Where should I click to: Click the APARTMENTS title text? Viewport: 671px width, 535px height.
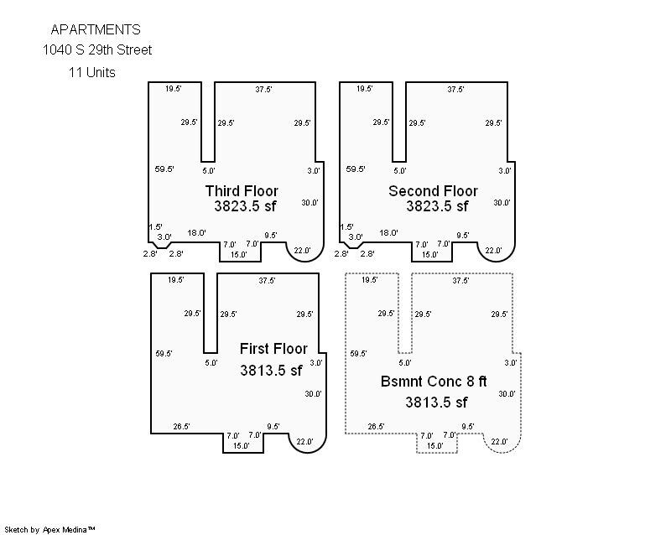tap(96, 29)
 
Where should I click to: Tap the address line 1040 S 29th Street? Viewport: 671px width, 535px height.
tap(97, 50)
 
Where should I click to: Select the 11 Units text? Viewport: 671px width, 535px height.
tap(92, 72)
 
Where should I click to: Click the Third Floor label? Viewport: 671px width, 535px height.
tap(242, 191)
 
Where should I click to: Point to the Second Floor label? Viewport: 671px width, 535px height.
tap(433, 191)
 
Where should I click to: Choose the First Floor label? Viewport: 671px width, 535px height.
tap(273, 349)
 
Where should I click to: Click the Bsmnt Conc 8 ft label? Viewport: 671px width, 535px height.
tap(434, 382)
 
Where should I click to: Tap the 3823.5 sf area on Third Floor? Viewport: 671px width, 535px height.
tap(245, 206)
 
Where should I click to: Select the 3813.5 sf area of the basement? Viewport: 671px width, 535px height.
tap(436, 403)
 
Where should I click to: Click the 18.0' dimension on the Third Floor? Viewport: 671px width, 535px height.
tap(197, 233)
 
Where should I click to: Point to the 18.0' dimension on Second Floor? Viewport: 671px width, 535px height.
tap(388, 233)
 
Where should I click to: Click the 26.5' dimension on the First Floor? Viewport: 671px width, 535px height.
tap(181, 427)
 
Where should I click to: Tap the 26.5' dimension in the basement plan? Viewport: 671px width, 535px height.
tap(376, 427)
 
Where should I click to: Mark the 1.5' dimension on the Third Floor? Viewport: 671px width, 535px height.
tap(155, 227)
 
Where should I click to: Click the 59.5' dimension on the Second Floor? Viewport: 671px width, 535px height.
tap(356, 169)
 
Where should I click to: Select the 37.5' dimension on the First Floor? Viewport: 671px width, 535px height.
tap(267, 281)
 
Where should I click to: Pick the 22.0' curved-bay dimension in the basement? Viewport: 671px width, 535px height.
tap(499, 442)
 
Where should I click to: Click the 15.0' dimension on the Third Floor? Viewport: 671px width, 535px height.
tap(239, 255)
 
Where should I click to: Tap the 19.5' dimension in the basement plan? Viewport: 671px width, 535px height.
tap(369, 280)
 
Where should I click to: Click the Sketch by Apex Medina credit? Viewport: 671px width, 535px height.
tap(49, 530)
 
